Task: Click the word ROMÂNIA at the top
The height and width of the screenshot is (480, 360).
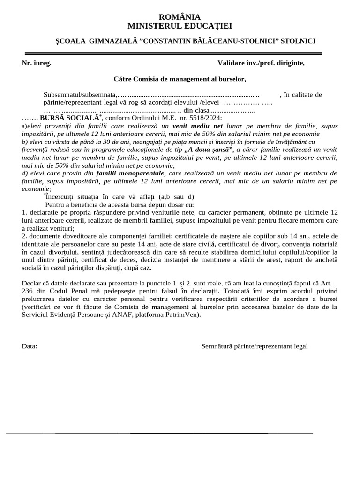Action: (x=180, y=17)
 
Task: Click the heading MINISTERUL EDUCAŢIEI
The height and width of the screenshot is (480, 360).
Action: (x=180, y=26)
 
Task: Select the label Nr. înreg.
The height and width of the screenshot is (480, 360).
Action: (x=37, y=63)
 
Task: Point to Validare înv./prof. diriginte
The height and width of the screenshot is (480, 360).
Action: (x=261, y=63)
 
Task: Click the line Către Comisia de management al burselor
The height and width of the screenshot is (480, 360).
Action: (x=180, y=79)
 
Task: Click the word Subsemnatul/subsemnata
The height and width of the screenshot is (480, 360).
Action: (x=80, y=95)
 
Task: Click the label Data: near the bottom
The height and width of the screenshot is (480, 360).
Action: (x=30, y=346)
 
